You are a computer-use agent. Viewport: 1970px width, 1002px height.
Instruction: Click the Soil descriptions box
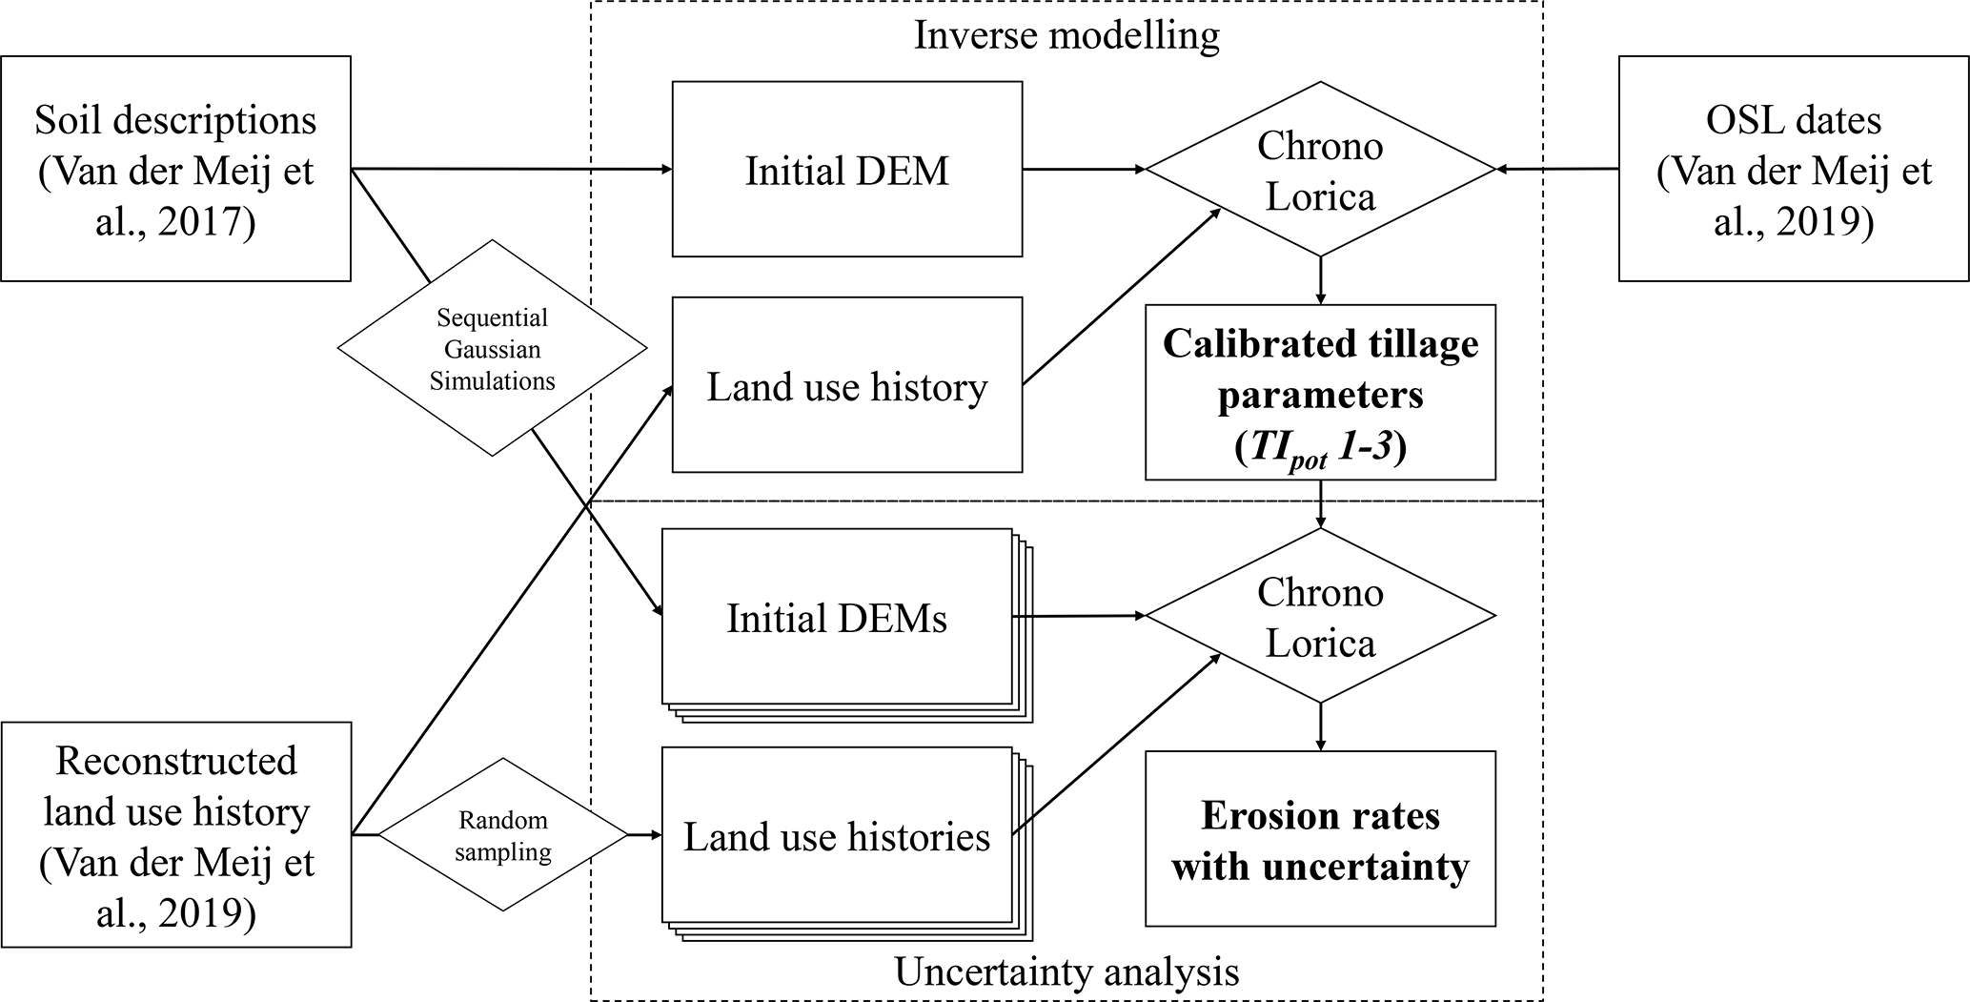coord(176,169)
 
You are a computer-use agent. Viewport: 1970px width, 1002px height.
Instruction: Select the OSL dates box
coord(1794,169)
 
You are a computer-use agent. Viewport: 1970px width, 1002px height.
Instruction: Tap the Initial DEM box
coord(847,169)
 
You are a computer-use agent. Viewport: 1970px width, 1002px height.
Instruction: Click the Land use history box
coord(847,385)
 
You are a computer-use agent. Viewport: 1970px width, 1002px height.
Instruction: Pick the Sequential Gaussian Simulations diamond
coord(492,348)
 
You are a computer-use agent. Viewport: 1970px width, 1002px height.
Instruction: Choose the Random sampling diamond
coord(502,835)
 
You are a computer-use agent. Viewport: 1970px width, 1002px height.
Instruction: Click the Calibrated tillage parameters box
coord(1320,392)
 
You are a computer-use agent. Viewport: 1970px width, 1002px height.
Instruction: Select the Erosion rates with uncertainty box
coord(1320,839)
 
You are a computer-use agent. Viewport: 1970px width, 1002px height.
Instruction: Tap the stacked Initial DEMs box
coord(847,625)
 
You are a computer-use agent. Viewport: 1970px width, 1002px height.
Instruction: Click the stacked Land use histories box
coord(847,844)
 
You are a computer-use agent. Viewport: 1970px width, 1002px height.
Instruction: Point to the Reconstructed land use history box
coord(176,834)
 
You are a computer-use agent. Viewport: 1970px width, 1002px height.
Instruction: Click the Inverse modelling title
coord(1066,35)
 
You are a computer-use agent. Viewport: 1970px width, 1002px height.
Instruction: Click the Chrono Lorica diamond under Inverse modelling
coord(1320,170)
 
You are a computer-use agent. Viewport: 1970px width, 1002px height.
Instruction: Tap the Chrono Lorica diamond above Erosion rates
coord(1320,616)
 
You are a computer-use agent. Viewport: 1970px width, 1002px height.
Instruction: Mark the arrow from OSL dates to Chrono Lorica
coord(1557,170)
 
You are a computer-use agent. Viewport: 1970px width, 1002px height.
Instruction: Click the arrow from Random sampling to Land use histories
coord(645,835)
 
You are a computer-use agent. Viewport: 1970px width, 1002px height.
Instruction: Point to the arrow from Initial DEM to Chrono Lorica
coord(1084,170)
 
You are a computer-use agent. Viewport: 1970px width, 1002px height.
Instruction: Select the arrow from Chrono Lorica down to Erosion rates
coord(1320,727)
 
